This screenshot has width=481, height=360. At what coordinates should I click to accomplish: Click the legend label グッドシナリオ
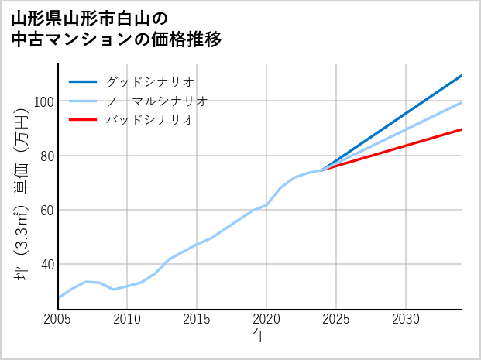point(149,81)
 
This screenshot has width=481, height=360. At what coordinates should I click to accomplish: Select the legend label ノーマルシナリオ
point(156,101)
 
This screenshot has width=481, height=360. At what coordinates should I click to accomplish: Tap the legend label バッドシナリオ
point(149,120)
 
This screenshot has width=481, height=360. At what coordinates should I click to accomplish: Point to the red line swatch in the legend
point(83,120)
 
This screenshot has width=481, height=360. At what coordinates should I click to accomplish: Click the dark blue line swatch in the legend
point(83,81)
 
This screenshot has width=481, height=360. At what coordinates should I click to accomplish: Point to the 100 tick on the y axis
point(43,101)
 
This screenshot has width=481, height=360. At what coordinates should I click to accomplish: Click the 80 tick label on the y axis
point(46,156)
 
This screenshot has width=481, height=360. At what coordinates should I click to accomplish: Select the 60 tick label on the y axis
point(46,210)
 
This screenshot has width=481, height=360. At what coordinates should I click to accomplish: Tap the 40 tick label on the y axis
point(46,264)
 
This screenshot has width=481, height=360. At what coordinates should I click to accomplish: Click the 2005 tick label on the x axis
point(58,319)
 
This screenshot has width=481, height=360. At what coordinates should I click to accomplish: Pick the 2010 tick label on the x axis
point(128,319)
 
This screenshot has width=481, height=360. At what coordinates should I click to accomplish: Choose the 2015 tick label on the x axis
point(198,319)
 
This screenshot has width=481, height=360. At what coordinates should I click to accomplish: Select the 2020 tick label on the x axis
point(267,319)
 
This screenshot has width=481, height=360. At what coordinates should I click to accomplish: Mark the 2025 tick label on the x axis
point(337,319)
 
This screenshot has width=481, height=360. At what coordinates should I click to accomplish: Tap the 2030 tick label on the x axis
point(407,319)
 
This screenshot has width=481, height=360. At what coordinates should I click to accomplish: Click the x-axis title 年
point(260,337)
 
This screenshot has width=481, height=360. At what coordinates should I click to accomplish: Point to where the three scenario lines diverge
point(322,170)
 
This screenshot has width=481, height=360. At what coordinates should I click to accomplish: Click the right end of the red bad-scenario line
point(461,129)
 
